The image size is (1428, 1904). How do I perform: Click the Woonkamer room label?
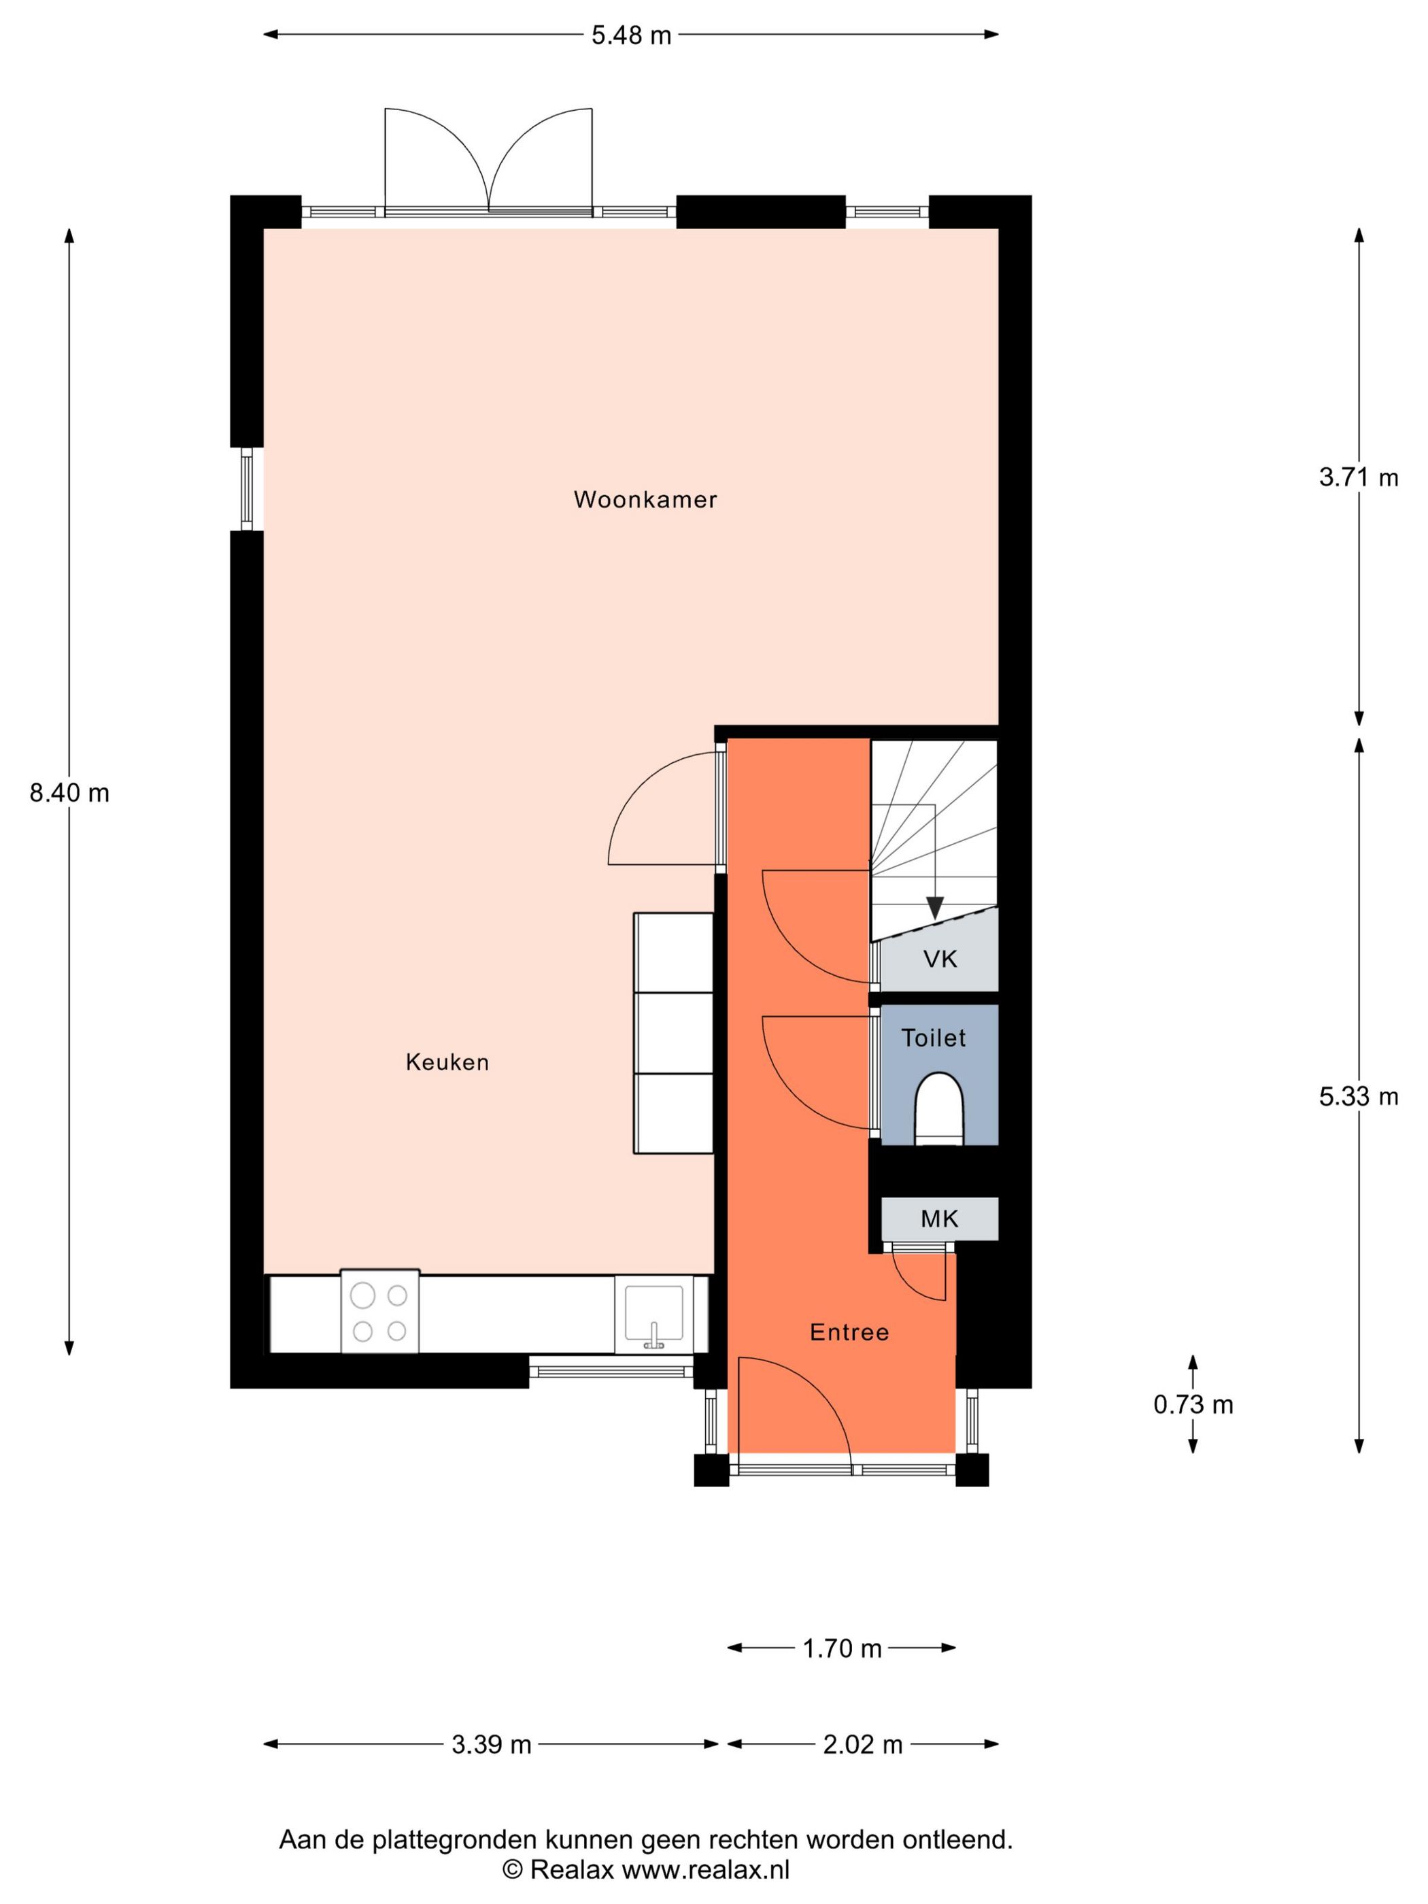(x=645, y=499)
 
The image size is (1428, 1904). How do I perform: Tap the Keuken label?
(x=447, y=1062)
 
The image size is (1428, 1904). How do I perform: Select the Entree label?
(x=849, y=1332)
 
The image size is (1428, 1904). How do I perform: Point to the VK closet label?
(x=939, y=959)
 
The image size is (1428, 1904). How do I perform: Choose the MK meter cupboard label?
(x=939, y=1219)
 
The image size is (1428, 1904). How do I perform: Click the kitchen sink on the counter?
(x=654, y=1314)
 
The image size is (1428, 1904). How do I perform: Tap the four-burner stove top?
(x=379, y=1312)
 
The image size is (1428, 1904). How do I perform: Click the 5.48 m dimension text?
(x=631, y=35)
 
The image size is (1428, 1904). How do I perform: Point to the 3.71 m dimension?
(x=1358, y=478)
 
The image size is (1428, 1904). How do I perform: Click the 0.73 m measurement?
(x=1193, y=1405)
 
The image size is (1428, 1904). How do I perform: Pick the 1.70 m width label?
(x=842, y=1648)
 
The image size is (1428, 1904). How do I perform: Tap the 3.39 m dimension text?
(x=491, y=1745)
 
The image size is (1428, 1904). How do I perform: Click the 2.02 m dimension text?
(x=862, y=1745)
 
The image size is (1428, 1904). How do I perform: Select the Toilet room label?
(x=933, y=1038)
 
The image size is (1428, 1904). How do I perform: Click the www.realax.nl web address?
(x=705, y=1869)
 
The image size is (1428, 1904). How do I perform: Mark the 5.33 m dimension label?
(x=1358, y=1097)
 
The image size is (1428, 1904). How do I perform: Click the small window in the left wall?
(x=247, y=489)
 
